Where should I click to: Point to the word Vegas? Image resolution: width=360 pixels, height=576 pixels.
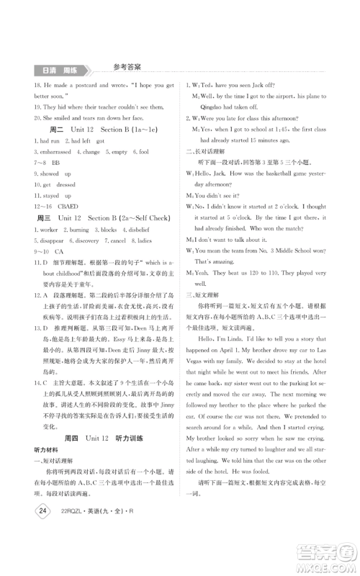[x=199, y=364]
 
